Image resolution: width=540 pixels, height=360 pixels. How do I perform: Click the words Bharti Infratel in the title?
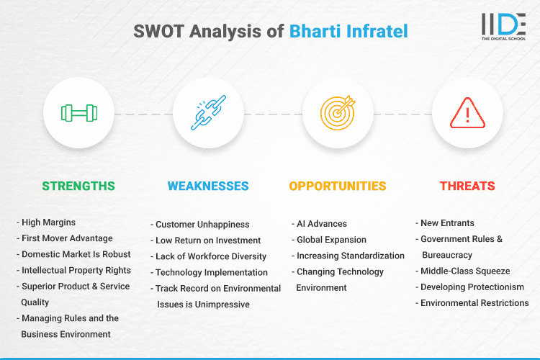[348, 31]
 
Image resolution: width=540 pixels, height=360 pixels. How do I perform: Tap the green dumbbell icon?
[78, 113]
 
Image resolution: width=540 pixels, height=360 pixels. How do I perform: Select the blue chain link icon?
[208, 113]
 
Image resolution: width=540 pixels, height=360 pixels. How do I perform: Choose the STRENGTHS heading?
[78, 186]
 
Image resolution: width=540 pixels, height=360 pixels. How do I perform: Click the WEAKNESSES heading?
[208, 186]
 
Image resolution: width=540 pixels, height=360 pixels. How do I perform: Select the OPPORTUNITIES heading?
[338, 186]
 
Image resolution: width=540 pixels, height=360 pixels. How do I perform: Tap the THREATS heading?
[467, 186]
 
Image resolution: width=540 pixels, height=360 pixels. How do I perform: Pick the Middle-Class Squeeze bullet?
[464, 271]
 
